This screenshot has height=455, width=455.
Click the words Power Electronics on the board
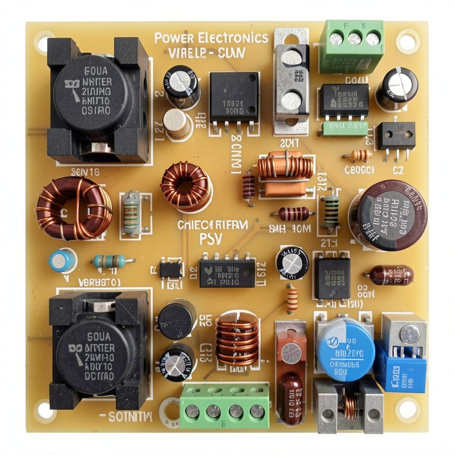[x=211, y=38]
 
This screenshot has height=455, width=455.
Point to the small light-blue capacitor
[x=62, y=260]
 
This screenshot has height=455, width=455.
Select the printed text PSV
[x=212, y=238]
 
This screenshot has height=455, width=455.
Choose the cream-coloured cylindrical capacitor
[x=177, y=123]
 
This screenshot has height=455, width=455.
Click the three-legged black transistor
[x=396, y=137]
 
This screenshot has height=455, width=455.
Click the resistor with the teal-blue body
[x=109, y=260]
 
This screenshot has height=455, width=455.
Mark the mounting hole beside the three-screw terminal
[x=407, y=40]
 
